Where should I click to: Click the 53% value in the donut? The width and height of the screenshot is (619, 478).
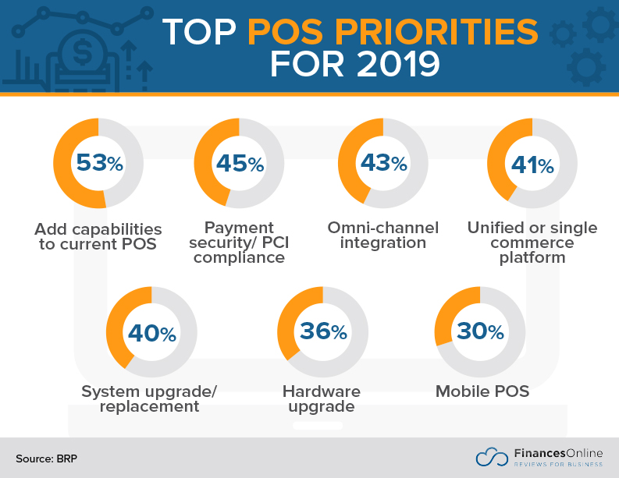coord(98,163)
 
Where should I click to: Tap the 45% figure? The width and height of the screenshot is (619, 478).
coord(240,163)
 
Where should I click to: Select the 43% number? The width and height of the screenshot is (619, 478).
coord(382,163)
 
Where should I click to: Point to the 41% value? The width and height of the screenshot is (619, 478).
coord(532,165)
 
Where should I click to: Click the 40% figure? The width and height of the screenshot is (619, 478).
coord(151,333)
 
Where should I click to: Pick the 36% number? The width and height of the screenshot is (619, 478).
coord(322,331)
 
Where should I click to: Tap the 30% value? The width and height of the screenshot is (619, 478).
coord(480,331)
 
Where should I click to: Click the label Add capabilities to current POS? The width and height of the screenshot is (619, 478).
coord(98,236)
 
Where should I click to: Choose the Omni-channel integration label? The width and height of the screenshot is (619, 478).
coord(382,235)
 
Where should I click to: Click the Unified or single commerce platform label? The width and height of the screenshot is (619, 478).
coord(532,242)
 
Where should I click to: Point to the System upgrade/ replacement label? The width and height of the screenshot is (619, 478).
coord(148,398)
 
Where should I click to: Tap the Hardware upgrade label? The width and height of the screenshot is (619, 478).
coord(321,398)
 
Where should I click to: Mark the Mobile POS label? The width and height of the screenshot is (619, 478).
coord(482,391)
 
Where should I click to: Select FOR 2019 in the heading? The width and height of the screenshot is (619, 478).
coord(354,65)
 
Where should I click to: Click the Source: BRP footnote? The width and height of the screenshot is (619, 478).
coord(46,459)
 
